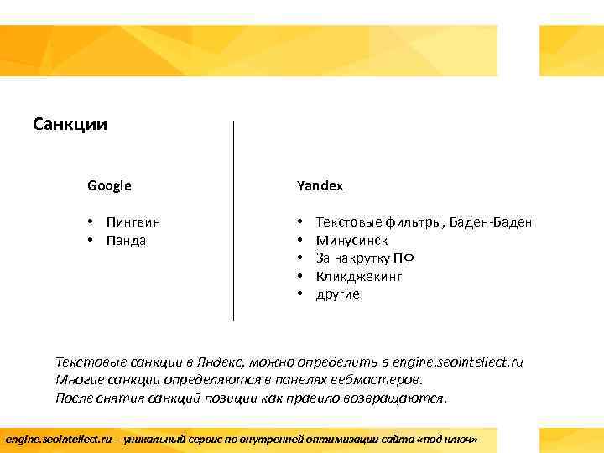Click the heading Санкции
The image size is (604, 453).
[x=70, y=125]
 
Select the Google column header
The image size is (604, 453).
[x=109, y=185]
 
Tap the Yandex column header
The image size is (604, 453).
[x=320, y=185]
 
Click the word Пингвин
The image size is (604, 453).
[x=133, y=222]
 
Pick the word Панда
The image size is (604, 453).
[x=127, y=241]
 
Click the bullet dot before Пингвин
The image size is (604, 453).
[x=89, y=222]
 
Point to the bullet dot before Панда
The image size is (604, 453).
[x=89, y=241]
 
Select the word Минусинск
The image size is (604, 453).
[x=351, y=240]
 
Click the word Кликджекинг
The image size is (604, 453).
[x=359, y=276]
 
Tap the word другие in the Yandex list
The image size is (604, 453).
[x=337, y=294]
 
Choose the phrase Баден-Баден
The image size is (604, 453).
[x=491, y=222]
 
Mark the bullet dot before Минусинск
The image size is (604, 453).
[x=299, y=240]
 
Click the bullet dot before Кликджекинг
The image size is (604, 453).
[x=299, y=276]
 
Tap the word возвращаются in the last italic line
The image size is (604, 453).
[x=402, y=398]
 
